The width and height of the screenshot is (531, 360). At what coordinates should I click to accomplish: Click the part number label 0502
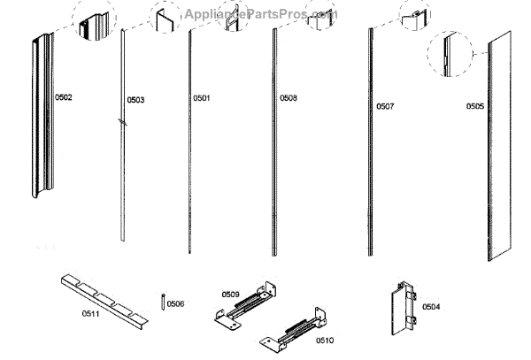click(x=63, y=96)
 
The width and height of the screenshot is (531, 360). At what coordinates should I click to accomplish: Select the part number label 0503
click(x=135, y=100)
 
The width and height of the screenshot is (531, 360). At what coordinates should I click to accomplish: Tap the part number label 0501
click(x=202, y=97)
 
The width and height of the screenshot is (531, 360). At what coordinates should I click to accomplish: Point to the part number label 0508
click(x=289, y=97)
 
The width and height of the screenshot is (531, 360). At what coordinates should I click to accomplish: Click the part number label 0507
click(x=385, y=106)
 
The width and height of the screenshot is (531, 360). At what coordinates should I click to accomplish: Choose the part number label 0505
click(x=475, y=106)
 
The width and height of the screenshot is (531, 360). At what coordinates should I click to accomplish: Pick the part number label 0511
click(x=77, y=312)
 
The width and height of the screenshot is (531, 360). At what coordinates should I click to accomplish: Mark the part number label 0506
click(x=175, y=303)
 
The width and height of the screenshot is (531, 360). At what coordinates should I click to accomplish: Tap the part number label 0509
click(x=230, y=295)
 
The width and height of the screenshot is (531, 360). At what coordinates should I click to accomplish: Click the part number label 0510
click(x=301, y=340)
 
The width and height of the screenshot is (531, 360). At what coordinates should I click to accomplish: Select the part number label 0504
click(x=431, y=307)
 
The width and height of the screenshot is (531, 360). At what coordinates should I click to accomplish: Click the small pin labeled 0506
click(x=164, y=302)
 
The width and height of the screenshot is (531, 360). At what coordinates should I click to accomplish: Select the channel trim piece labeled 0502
click(x=40, y=115)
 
